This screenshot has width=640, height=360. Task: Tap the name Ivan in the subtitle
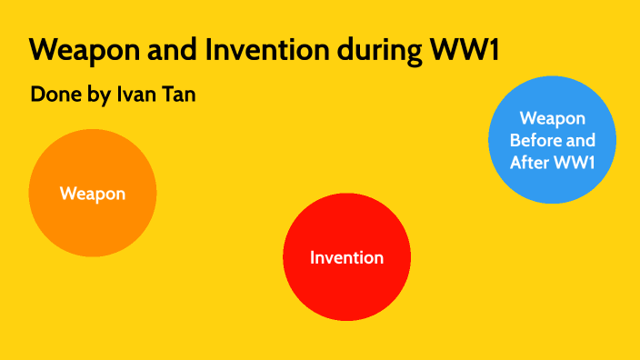tap(135, 95)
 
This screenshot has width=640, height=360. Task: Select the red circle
tap(346, 282)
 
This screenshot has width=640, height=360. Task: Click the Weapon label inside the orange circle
tap(93, 193)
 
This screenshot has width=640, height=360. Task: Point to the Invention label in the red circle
tap(346, 257)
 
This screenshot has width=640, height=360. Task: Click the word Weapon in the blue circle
tap(552, 118)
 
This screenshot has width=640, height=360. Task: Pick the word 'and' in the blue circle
tap(582, 141)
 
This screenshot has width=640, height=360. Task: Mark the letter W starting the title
tap(42, 51)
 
